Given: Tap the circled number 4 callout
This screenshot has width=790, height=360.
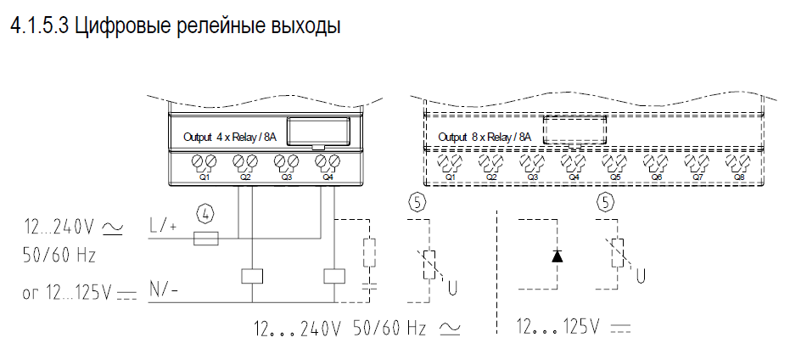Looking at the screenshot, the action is [205, 216].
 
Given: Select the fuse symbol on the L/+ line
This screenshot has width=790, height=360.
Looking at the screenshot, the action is [206, 239].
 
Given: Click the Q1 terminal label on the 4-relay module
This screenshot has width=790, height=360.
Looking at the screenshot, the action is [204, 177].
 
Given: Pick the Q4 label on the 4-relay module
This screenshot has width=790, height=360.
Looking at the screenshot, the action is [328, 177].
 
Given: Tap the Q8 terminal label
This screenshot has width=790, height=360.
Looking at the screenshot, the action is [738, 177].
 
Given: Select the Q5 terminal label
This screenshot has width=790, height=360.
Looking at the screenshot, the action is [614, 177].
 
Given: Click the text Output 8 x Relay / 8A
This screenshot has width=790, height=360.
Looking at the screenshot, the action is [485, 137].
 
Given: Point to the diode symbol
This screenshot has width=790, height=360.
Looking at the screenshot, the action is [557, 256].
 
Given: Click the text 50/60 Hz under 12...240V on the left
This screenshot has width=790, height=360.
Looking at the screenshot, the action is [59, 255].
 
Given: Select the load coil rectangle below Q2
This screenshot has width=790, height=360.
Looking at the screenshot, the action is [252, 276].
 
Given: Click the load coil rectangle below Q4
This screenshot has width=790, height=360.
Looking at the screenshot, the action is [334, 276].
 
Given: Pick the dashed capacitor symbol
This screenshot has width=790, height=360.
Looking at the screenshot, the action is [370, 286].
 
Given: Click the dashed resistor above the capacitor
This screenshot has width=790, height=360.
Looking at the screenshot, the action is [370, 252].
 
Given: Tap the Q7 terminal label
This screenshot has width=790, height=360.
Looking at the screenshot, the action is [698, 177].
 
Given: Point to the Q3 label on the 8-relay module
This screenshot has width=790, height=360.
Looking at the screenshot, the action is [533, 177].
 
